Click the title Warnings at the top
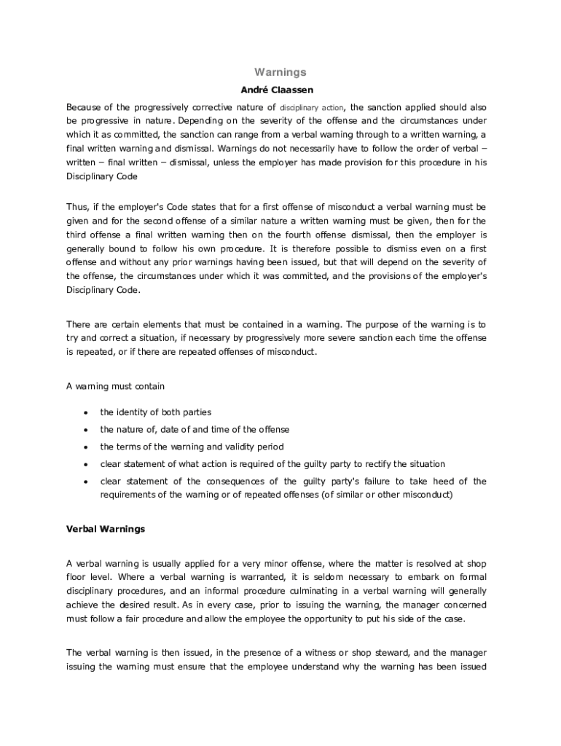coord(280,72)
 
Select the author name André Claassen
coord(280,90)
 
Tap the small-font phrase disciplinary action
coord(312,107)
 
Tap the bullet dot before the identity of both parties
coord(86,413)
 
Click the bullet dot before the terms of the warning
coord(86,447)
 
